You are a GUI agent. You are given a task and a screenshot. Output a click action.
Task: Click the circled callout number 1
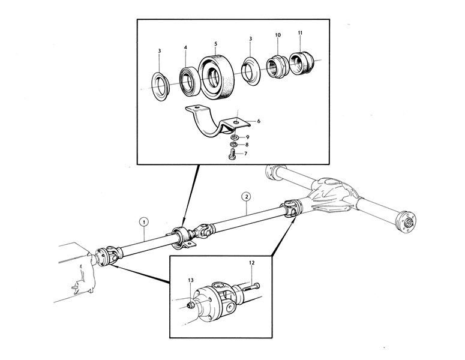click(145, 220)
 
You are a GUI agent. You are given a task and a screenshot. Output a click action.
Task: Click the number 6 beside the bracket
click(259, 121)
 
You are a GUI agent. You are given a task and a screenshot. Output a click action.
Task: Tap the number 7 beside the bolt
click(246, 154)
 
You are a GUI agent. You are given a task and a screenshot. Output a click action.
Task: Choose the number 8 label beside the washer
click(247, 145)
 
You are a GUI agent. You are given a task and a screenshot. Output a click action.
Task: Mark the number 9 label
click(247, 137)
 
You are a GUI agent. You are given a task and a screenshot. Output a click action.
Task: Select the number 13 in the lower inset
click(190, 280)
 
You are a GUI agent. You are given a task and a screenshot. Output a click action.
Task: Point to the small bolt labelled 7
click(233, 155)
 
